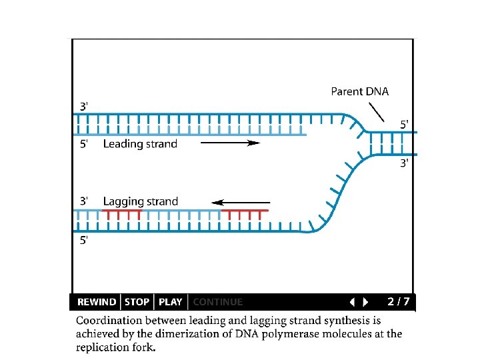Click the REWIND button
97,302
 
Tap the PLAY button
170,302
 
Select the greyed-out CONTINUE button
217,302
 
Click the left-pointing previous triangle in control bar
352,302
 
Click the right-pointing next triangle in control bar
365,302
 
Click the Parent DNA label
359,91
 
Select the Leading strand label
140,143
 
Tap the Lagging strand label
141,201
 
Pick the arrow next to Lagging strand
241,202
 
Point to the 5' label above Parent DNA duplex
405,124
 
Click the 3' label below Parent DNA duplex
405,163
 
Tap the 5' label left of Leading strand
84,144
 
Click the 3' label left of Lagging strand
84,201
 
